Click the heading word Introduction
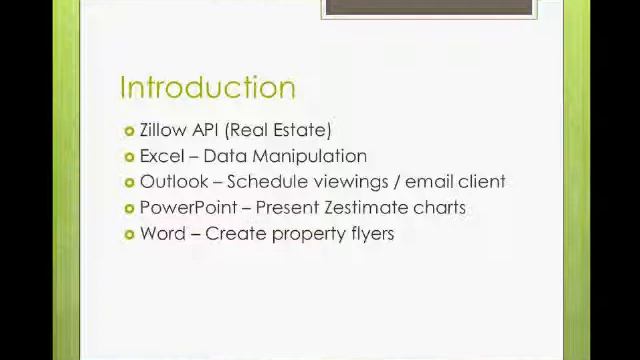[207, 88]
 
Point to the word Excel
[162, 156]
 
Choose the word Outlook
[174, 182]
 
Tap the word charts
[442, 208]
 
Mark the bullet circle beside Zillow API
[130, 131]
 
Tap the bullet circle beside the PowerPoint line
[130, 209]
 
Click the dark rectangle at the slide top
[429, 7]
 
